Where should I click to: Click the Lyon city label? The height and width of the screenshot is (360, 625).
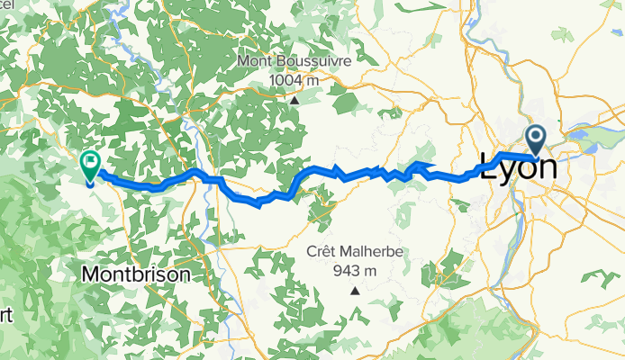pos(518,168)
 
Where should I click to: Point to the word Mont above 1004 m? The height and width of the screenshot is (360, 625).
pos(255,61)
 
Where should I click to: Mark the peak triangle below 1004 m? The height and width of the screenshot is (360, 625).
pos(294,101)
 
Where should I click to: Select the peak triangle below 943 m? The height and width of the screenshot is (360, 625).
pos(356,291)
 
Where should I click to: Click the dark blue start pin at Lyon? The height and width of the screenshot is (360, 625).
pos(536,140)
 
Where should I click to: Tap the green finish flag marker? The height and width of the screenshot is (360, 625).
pos(90,165)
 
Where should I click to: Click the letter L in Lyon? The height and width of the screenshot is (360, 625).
pos(489,168)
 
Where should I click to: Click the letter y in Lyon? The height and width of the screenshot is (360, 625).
pos(506,171)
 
